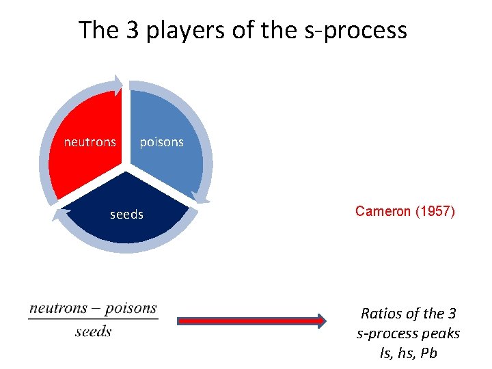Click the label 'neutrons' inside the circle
(90, 142)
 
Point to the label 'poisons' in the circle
(161, 142)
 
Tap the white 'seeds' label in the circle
(126, 215)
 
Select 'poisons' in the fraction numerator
(131, 308)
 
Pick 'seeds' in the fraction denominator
(93, 332)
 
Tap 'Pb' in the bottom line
(429, 353)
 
